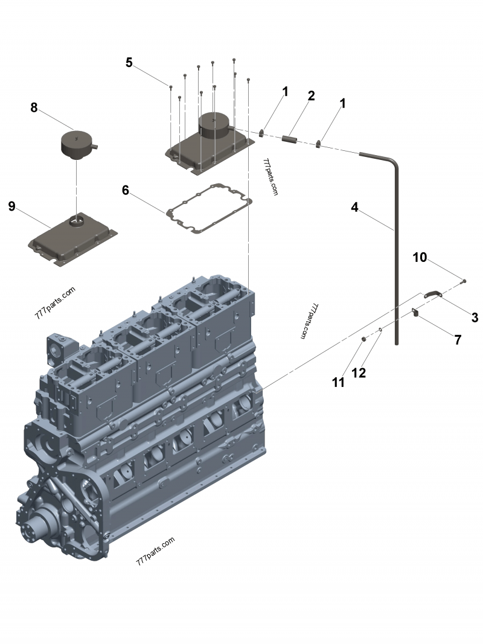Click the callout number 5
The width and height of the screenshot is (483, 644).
point(129,62)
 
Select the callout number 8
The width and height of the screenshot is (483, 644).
point(34,107)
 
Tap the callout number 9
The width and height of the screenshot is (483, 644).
point(11,206)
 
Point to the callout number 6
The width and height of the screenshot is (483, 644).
point(126,190)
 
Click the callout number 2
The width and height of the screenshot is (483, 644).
point(311,95)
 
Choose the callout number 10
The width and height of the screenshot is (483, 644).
point(420,258)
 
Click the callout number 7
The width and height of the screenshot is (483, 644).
point(458,340)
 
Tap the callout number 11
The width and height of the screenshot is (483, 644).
point(338,382)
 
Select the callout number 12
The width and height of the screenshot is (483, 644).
point(359,373)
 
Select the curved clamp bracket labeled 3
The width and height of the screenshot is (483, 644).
point(433,294)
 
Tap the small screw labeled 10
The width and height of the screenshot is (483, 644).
point(464,281)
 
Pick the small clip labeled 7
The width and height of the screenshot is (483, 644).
point(415,312)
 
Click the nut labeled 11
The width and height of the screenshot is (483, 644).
point(364,340)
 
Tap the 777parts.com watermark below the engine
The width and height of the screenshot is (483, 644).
point(155,550)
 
